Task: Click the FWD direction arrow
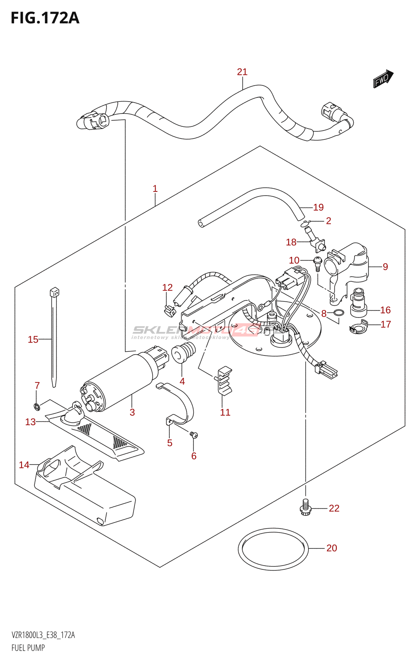pos(382,79)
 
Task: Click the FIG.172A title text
pos(45,18)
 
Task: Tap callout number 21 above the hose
pos(242,72)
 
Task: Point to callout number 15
pos(33,340)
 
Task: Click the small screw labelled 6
pos(194,435)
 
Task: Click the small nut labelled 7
pos(36,406)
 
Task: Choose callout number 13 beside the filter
pos(30,422)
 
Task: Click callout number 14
pos(24,465)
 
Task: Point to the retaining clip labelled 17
pos(359,327)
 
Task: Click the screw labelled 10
pos(317,263)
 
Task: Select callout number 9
pos(385,267)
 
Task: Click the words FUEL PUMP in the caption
pos(28,648)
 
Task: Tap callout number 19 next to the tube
pos(318,207)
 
